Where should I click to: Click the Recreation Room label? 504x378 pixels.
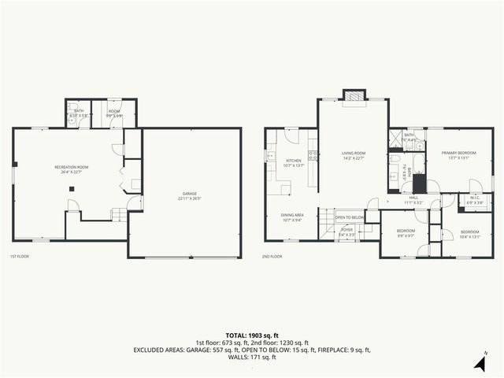tap(71, 168)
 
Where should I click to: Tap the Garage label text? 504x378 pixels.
tap(189, 193)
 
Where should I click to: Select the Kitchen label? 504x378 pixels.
tap(293, 161)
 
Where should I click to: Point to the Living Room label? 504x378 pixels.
tap(354, 153)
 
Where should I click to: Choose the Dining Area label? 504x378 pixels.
tap(293, 215)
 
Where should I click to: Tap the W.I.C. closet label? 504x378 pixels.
tap(476, 198)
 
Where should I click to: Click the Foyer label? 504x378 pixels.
tap(346, 230)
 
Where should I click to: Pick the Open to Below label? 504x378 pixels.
tap(350, 217)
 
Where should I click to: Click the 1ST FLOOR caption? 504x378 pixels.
tap(20, 257)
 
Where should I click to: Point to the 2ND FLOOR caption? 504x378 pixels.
tap(272, 257)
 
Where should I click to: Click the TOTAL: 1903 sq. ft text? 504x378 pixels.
tap(251, 335)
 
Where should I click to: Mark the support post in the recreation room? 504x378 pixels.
tap(70, 188)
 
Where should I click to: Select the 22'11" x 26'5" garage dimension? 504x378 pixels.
tap(189, 198)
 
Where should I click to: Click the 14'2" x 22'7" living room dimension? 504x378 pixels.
tap(354, 158)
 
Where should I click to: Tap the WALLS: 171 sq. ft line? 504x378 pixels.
tap(251, 358)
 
